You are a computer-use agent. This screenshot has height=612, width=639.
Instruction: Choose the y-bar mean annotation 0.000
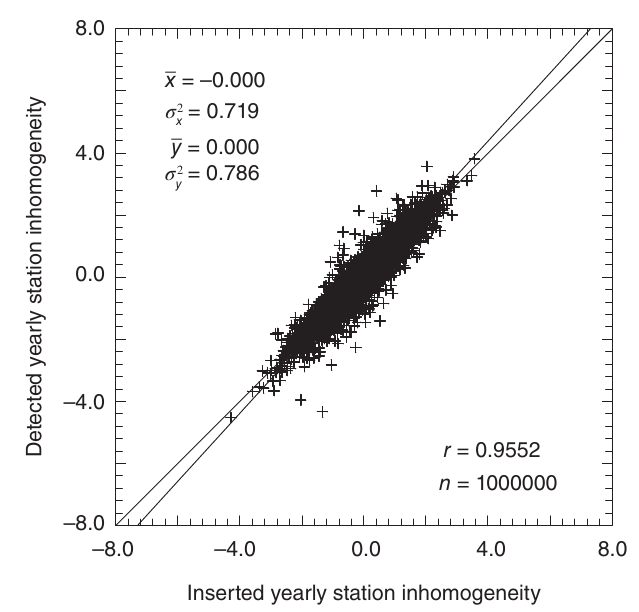click(x=240, y=146)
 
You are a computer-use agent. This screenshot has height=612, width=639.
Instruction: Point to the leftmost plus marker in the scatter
click(x=231, y=417)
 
